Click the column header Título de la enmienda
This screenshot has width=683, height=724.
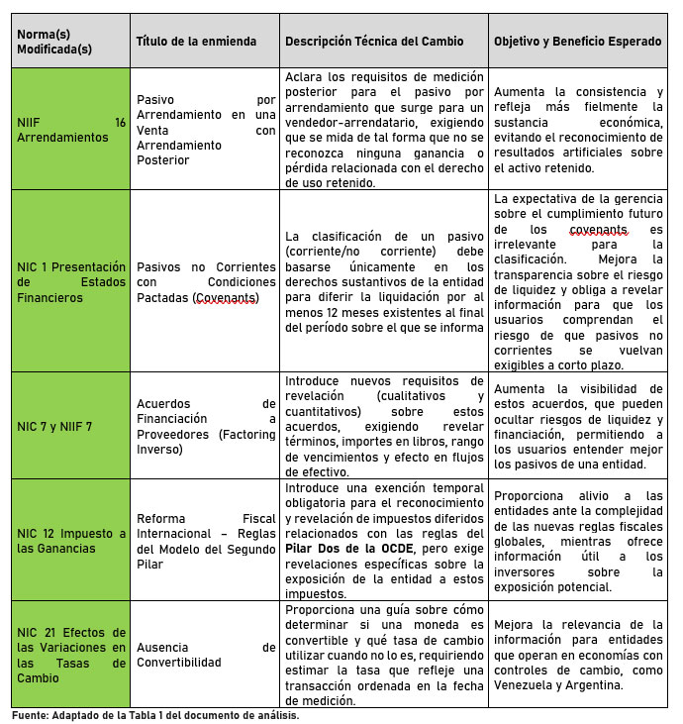pyautogui.click(x=195, y=42)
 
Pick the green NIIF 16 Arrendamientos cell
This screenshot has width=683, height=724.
pyautogui.click(x=70, y=130)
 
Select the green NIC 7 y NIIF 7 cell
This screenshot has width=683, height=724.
pyautogui.click(x=70, y=425)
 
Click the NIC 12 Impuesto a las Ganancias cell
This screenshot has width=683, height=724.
pyautogui.click(x=70, y=539)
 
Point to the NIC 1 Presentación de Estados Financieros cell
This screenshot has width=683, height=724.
pyautogui.click(x=70, y=281)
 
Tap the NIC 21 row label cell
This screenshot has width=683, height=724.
pyautogui.click(x=70, y=655)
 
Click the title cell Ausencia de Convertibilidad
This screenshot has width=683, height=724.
pyautogui.click(x=205, y=655)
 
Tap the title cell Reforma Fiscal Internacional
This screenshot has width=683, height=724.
pyautogui.click(x=205, y=539)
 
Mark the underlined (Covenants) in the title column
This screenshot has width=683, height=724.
pyautogui.click(x=224, y=297)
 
